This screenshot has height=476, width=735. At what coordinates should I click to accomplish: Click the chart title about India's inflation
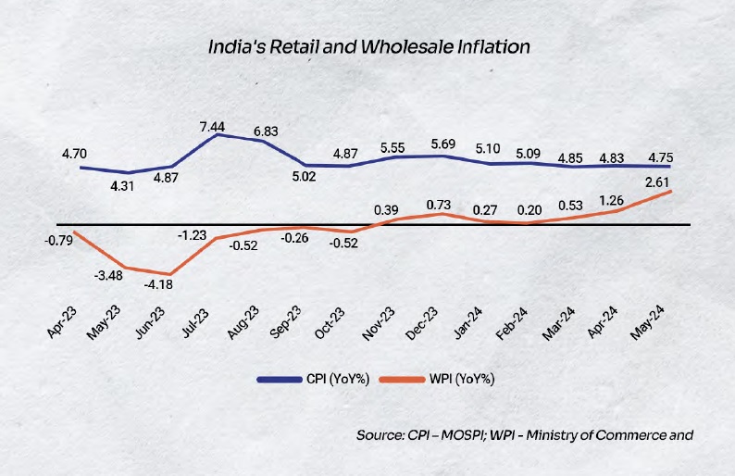(x=367, y=46)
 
